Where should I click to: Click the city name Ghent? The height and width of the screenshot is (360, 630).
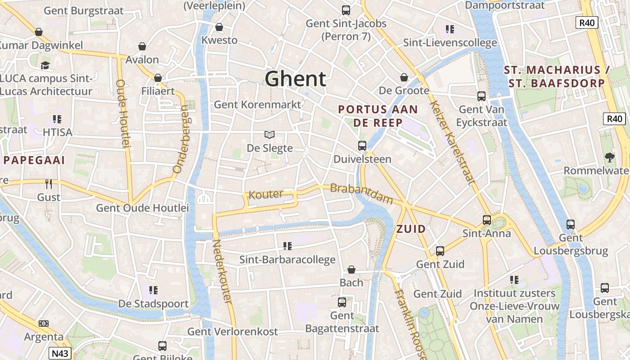(x=295, y=79)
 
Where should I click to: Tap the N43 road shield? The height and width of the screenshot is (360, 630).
(x=60, y=353)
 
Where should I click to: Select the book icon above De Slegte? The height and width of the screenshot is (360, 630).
(x=270, y=135)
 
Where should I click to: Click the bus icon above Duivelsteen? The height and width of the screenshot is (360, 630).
(x=362, y=145)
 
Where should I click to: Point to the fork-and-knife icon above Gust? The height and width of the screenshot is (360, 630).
(x=49, y=184)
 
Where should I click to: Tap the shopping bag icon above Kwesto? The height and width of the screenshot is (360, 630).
(x=219, y=27)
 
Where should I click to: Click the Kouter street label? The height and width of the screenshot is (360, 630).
(x=266, y=194)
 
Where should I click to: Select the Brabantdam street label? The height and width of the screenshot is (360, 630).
(x=361, y=194)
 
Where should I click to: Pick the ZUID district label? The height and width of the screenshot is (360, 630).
(x=411, y=229)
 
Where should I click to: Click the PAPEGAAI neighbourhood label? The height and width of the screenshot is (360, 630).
(x=34, y=160)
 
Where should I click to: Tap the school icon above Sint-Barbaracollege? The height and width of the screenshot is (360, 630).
(x=287, y=246)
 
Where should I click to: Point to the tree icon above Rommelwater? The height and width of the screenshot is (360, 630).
(x=610, y=157)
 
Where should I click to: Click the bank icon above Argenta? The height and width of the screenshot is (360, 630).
(x=44, y=324)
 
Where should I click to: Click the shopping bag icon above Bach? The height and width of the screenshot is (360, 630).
(x=351, y=270)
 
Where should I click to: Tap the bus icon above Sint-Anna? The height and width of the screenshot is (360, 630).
(x=487, y=220)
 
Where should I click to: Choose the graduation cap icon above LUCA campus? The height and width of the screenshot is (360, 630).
(x=45, y=65)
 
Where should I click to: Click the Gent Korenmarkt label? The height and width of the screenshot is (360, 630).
(x=257, y=104)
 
